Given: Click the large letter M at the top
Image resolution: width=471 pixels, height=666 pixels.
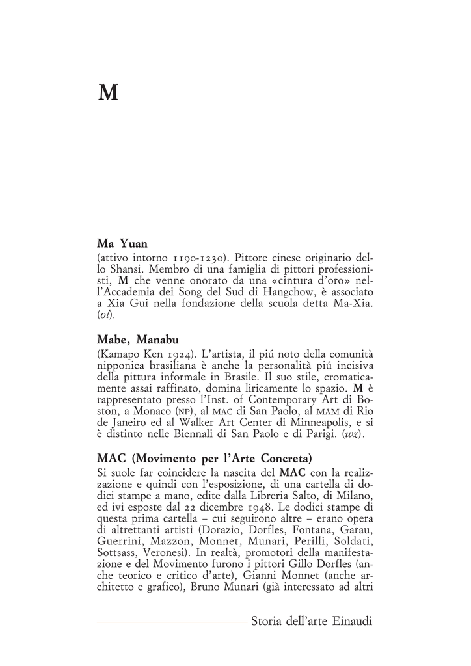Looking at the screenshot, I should (x=108, y=94).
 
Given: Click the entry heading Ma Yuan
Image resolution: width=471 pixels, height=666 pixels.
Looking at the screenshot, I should (x=122, y=245).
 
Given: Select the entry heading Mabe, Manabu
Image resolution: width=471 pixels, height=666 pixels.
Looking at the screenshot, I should (x=137, y=340).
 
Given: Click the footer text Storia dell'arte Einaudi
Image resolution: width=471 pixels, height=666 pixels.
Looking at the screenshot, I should (x=311, y=622).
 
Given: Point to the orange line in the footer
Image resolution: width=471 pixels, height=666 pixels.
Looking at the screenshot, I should (x=172, y=622).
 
